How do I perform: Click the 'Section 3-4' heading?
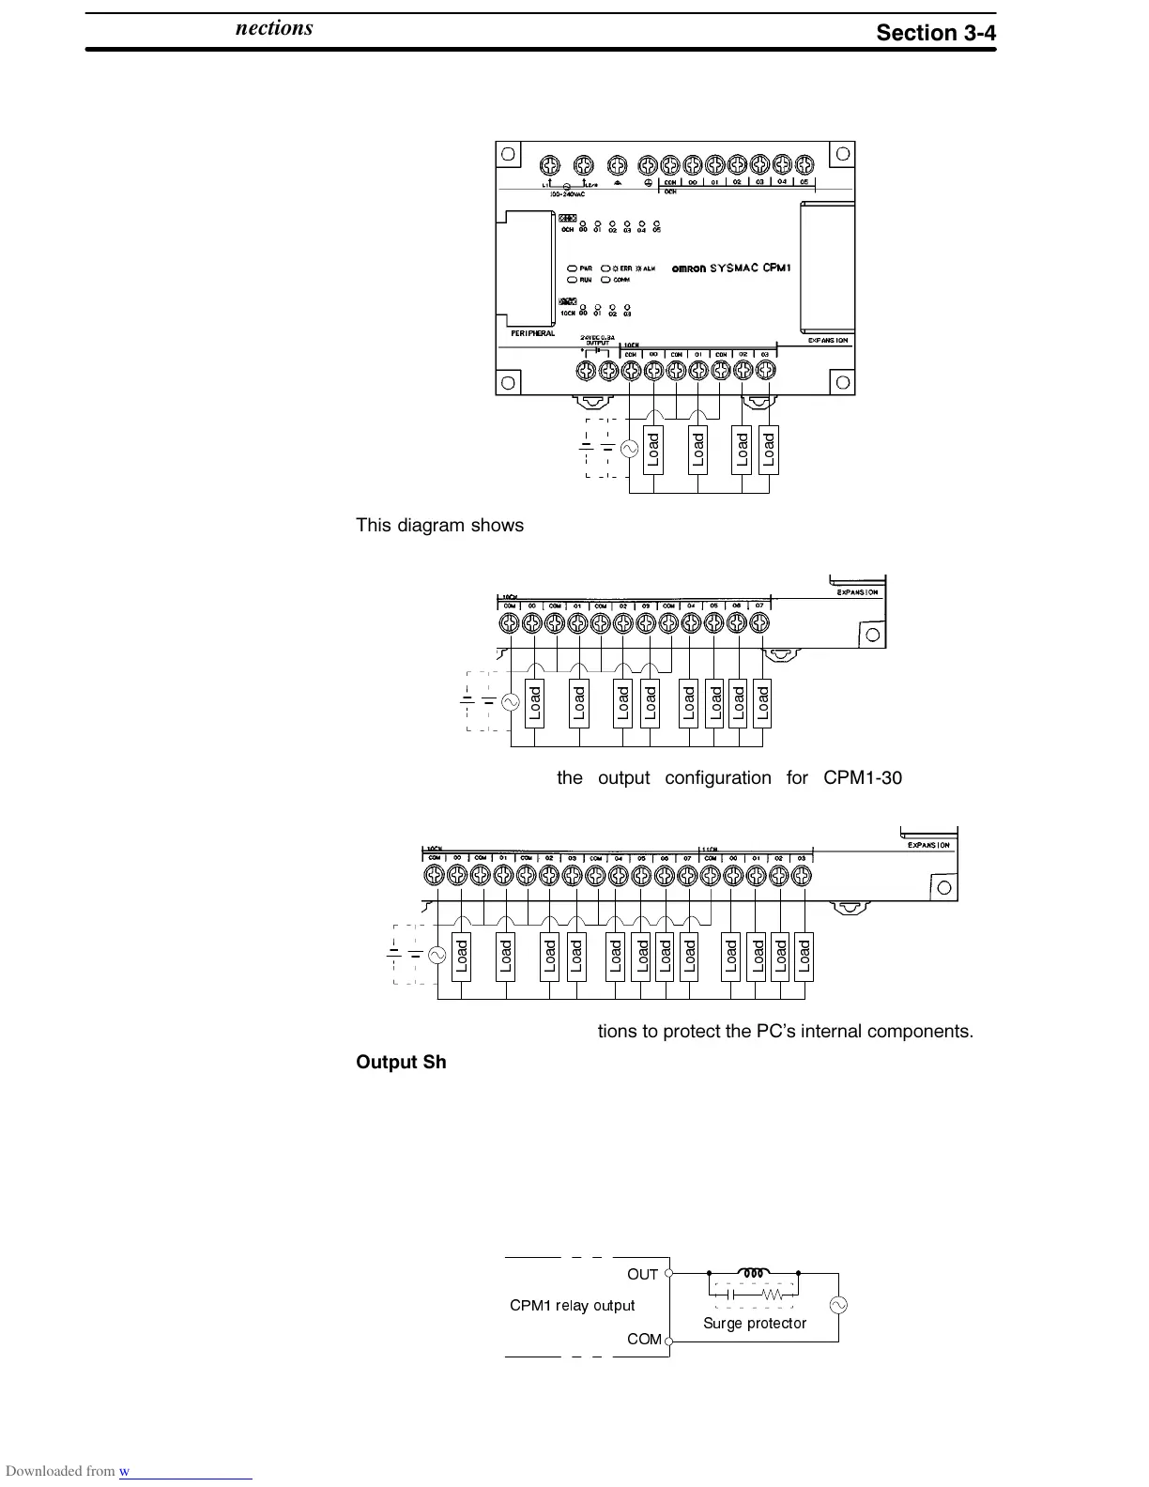coord(935,33)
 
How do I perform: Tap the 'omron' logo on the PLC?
coord(690,268)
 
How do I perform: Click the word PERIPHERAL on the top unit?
coord(532,333)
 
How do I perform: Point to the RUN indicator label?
coord(585,280)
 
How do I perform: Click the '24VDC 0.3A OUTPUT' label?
coord(597,339)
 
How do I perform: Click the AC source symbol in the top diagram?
coord(630,449)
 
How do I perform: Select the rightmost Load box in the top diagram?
coord(769,451)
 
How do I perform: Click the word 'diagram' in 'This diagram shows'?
coord(427,526)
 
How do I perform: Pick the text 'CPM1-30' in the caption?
coord(863,778)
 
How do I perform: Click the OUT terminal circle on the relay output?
coord(668,1274)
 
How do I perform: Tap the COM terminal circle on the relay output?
coord(668,1340)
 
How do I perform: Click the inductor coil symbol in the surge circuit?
coord(753,1273)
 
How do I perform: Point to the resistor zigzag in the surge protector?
coord(773,1294)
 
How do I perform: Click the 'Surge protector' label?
coord(755,1323)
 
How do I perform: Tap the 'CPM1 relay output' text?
coord(572,1306)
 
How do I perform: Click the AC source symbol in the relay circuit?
coord(836,1306)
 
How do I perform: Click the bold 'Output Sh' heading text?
coord(401,1062)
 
